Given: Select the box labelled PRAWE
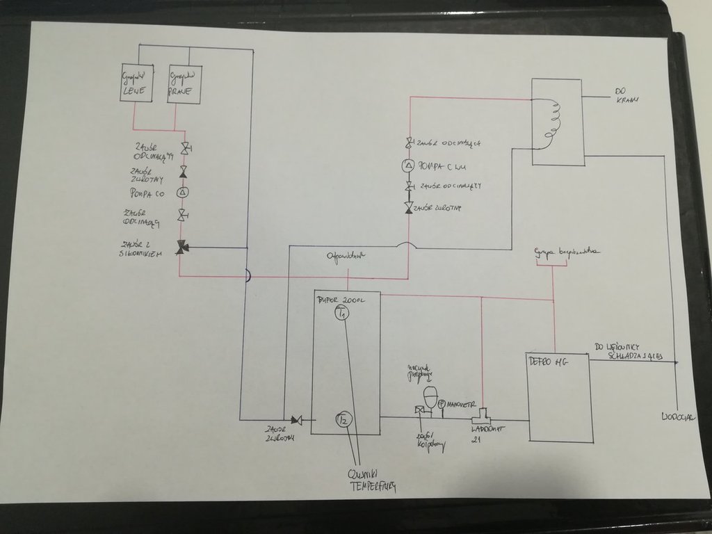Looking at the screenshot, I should (x=184, y=84).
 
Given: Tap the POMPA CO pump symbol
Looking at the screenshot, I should (x=184, y=192).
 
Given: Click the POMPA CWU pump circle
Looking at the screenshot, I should (x=409, y=165).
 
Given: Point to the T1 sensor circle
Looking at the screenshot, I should (x=341, y=314).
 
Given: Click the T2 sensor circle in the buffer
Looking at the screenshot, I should (x=343, y=419).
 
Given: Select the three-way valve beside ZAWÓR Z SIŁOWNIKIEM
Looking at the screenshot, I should (x=181, y=247).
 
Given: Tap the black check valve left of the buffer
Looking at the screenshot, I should (x=296, y=419).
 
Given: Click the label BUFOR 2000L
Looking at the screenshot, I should (x=339, y=300).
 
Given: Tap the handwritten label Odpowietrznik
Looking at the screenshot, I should (x=346, y=257).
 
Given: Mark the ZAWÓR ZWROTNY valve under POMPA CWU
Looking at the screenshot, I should (x=409, y=208).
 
